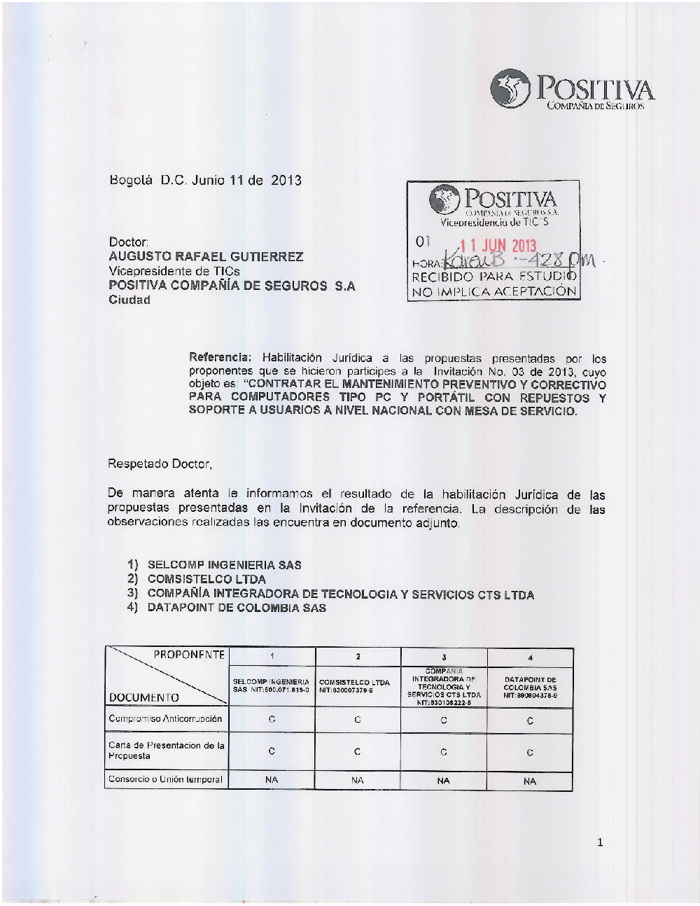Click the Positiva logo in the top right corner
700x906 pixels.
point(573,90)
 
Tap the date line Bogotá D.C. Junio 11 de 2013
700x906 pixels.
point(205,180)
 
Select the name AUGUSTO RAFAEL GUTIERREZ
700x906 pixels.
point(206,256)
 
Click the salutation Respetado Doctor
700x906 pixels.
point(160,464)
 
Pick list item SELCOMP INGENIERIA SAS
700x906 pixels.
point(224,565)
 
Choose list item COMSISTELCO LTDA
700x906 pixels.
point(206,579)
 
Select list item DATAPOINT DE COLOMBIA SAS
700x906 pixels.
point(237,608)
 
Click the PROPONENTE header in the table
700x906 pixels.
point(189,655)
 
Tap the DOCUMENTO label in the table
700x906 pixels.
point(143,697)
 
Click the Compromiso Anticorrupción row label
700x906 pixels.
point(165,718)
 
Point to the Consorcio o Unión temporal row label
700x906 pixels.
point(165,779)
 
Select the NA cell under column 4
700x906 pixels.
point(530,781)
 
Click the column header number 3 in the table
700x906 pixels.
point(444,657)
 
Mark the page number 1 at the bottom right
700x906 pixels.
point(600,842)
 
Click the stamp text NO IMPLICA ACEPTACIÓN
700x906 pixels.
point(493,292)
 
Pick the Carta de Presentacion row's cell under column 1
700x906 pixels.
point(272,751)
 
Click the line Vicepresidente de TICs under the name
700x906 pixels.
point(174,271)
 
